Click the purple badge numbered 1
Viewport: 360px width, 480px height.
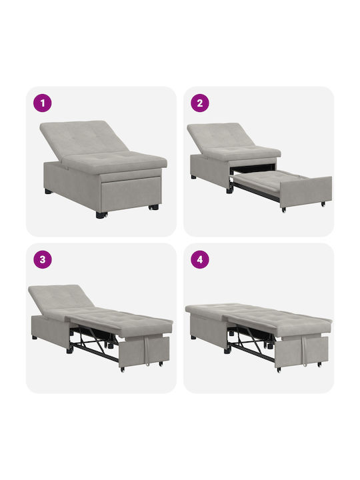click(x=43, y=103)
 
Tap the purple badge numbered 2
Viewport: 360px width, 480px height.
click(x=200, y=103)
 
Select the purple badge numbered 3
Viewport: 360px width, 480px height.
click(x=43, y=259)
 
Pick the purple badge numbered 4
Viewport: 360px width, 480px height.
click(x=200, y=259)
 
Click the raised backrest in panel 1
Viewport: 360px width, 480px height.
click(x=83, y=138)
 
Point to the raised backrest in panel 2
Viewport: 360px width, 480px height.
click(x=221, y=136)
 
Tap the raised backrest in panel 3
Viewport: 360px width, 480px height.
click(x=60, y=297)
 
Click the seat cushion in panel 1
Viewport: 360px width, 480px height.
click(x=116, y=161)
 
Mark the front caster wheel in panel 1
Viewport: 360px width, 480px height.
click(x=101, y=215)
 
